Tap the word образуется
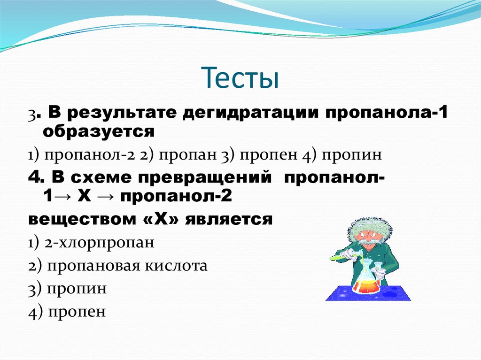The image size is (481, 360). click(x=98, y=132)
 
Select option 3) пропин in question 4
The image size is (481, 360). click(x=67, y=288)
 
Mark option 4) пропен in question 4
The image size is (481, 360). click(x=67, y=311)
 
